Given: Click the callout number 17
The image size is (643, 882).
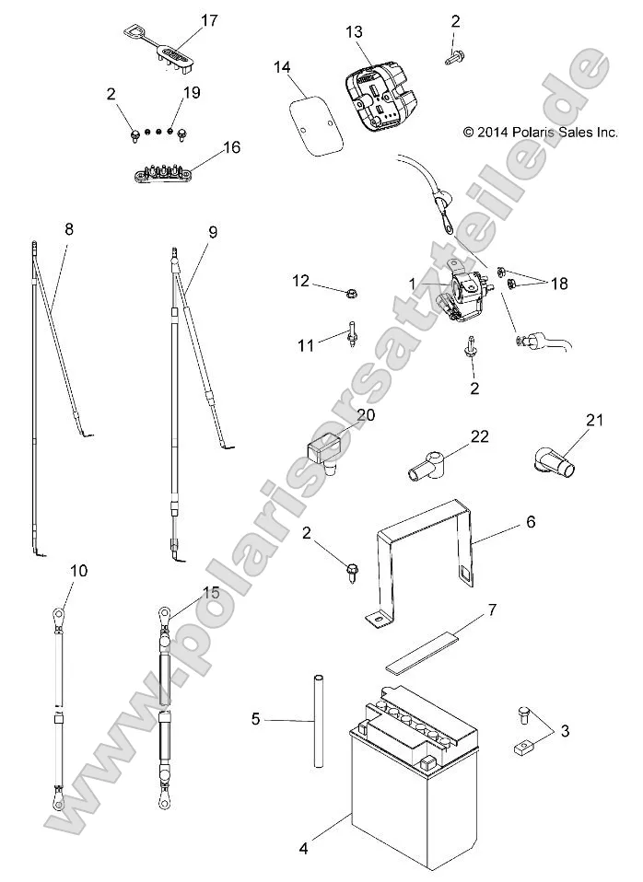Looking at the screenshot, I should click(209, 19).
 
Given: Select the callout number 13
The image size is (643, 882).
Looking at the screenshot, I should click(355, 31).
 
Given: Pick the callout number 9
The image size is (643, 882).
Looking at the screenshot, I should click(213, 233).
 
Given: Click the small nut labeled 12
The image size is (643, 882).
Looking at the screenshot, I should click(351, 294).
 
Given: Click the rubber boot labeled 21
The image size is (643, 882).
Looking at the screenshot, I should click(554, 457).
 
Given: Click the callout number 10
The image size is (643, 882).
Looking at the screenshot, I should click(79, 571).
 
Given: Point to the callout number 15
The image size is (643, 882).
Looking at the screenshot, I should click(211, 592).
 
